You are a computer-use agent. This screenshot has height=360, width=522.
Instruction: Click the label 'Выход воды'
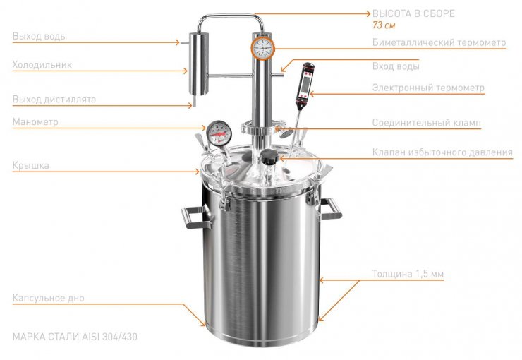[40, 36]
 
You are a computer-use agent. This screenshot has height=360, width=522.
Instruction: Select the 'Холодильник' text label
[42, 65]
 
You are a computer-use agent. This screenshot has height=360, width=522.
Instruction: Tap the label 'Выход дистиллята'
[54, 100]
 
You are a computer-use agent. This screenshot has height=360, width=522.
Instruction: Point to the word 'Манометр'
[35, 122]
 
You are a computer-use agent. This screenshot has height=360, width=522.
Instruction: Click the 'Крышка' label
[30, 165]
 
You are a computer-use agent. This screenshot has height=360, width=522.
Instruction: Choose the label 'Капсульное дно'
[48, 298]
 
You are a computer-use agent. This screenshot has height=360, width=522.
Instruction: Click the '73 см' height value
[384, 25]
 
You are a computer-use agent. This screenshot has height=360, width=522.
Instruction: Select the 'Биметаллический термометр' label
[439, 42]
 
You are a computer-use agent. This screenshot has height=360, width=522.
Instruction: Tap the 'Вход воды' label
[396, 66]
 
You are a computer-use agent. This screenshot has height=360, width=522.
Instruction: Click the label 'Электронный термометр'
[428, 88]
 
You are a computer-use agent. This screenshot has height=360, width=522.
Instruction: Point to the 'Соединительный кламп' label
[427, 123]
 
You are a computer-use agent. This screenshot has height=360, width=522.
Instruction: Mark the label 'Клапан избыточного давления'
[442, 152]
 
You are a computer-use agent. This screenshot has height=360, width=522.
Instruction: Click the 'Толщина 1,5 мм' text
[408, 274]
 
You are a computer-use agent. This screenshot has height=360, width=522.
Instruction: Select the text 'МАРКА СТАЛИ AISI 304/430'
[75, 337]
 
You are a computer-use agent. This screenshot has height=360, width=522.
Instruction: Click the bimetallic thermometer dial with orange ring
[263, 47]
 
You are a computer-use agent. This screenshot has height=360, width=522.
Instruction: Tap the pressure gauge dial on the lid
[219, 133]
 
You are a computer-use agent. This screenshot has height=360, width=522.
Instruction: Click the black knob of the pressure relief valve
[269, 157]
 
